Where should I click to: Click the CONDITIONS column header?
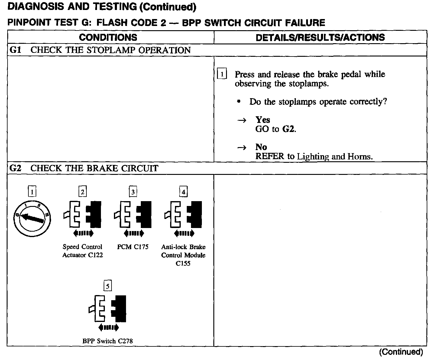coord(108,37)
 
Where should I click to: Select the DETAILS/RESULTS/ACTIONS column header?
coord(320,37)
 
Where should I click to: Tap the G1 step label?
coord(15,50)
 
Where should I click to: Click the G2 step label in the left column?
coord(15,168)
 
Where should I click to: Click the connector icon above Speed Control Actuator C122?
coord(82,214)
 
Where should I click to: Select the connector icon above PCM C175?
coord(133,214)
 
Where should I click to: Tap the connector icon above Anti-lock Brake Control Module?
coord(183,214)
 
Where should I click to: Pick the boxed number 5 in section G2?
coord(108,286)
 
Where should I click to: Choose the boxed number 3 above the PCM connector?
coord(133,191)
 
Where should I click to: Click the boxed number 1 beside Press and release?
coord(222,74)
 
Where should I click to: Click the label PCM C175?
coord(133,247)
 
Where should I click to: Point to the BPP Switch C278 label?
coord(108,341)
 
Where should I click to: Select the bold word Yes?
coord(263,120)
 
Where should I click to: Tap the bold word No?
coord(261,147)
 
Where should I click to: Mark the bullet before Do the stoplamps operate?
coord(239,102)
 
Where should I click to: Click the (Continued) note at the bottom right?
coord(401,352)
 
